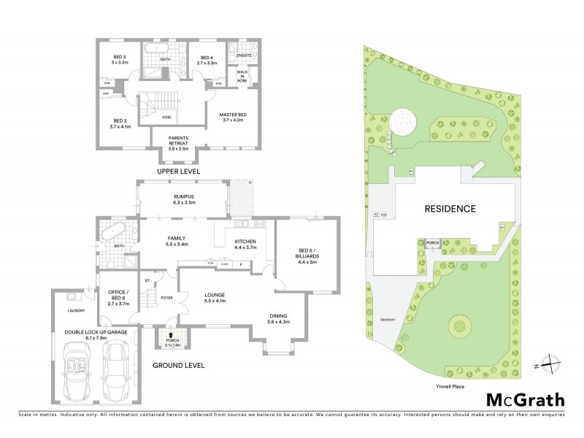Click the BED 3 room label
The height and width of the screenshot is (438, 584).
(120, 60)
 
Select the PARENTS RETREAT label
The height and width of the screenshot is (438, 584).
(179, 140)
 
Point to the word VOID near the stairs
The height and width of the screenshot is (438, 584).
(167, 117)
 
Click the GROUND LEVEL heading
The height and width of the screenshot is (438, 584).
(178, 365)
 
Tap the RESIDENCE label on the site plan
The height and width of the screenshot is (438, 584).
(450, 209)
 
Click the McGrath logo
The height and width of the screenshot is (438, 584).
(526, 399)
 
